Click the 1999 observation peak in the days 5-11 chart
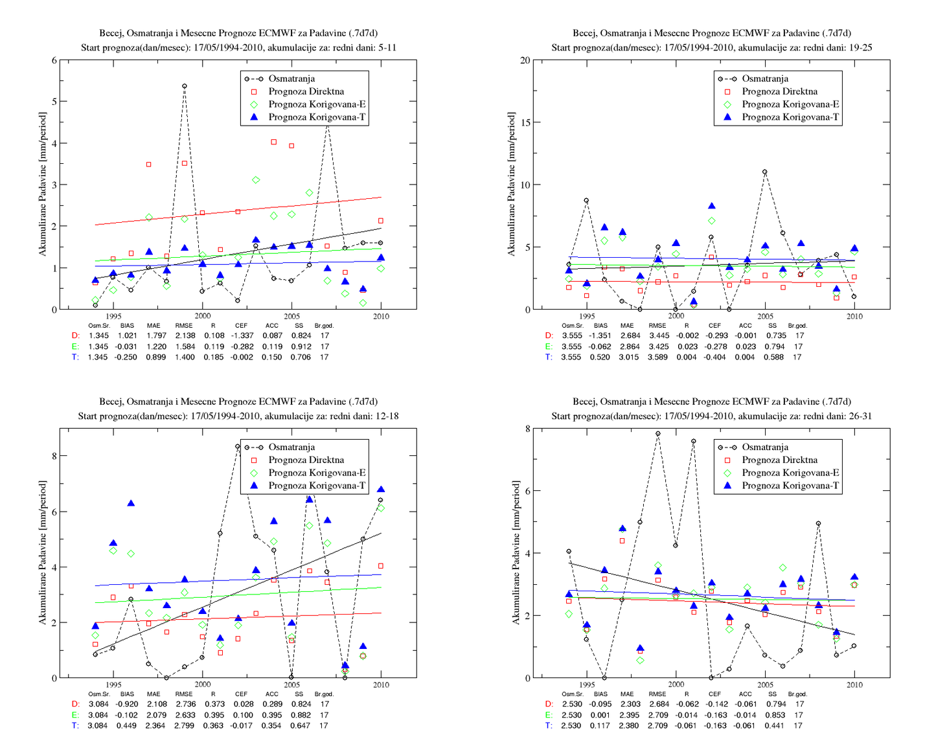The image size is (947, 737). [x=185, y=86]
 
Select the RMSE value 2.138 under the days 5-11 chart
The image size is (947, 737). [x=185, y=335]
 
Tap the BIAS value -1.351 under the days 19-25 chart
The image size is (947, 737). [x=600, y=335]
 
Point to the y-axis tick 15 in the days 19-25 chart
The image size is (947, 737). [x=525, y=122]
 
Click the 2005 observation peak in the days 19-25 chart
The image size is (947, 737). [x=764, y=172]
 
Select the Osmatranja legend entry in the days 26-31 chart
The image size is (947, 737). [x=753, y=448]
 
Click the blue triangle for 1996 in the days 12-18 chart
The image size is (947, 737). [x=131, y=503]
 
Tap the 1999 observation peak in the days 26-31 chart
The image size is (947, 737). [x=657, y=434]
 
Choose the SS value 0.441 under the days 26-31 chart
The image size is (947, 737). [x=773, y=726]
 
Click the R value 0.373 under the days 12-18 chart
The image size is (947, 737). [x=214, y=704]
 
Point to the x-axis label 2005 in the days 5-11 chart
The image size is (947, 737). [x=291, y=316]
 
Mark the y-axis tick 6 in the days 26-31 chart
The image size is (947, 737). [x=528, y=491]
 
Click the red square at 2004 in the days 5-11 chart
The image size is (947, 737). [x=274, y=142]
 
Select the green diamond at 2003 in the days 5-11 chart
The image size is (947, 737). [x=256, y=180]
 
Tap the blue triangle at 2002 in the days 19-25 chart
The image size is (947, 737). [x=712, y=206]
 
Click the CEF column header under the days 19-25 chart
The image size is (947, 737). [x=714, y=325]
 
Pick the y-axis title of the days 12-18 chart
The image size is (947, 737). [x=42, y=553]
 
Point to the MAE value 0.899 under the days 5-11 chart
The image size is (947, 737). [x=155, y=357]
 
